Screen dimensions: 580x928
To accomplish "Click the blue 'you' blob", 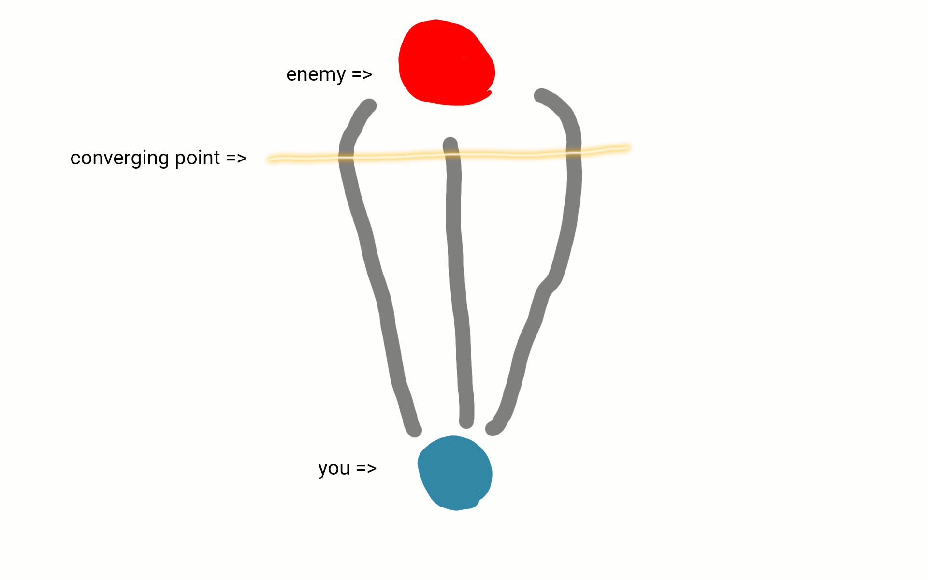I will point(455,473).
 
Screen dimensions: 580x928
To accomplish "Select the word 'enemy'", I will point(316,75).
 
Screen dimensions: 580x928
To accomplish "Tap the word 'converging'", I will point(119,159).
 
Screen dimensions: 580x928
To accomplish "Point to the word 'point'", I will point(197,159).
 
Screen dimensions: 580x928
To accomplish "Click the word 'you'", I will point(333,468).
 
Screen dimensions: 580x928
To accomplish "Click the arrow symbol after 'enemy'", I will point(362,75).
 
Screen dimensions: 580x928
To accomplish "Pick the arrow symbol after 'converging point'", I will point(236,159).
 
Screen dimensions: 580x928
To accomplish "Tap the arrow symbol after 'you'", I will point(366,468).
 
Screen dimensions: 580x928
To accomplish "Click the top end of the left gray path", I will point(369,105).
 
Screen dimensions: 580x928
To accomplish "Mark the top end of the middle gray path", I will point(450,144).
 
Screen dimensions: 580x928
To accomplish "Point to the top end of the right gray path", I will point(541,96).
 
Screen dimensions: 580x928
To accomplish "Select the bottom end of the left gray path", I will point(415,430).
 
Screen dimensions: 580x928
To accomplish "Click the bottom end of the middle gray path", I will point(466,421).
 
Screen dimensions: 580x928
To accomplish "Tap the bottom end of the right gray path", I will point(492,429).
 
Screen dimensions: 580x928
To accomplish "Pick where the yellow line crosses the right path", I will point(574,152).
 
